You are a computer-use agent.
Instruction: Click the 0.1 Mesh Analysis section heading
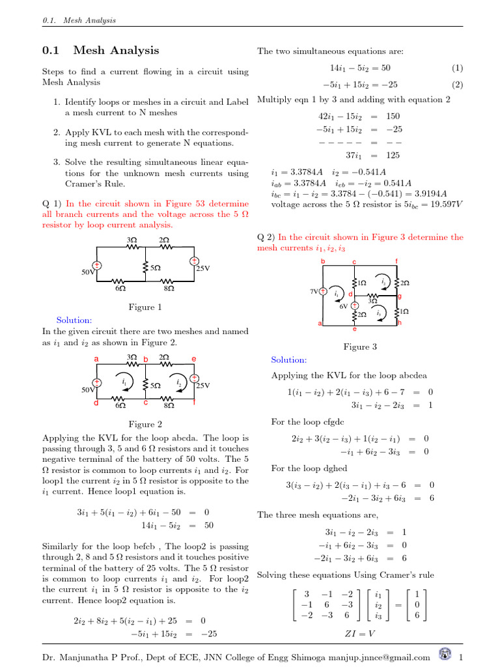(x=100, y=50)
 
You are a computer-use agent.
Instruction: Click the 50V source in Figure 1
(x=96, y=266)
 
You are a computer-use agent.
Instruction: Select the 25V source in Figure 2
(x=194, y=379)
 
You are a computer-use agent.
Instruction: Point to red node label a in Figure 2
(x=96, y=359)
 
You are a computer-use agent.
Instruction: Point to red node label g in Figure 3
(x=399, y=296)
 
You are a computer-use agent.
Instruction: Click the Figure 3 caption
(x=360, y=347)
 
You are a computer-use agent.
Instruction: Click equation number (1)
(x=456, y=68)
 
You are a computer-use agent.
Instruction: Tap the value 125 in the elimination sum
(x=393, y=156)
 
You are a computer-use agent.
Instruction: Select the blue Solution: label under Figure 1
(x=74, y=320)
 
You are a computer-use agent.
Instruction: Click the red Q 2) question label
(x=267, y=237)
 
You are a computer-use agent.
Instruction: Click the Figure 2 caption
(x=145, y=424)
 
